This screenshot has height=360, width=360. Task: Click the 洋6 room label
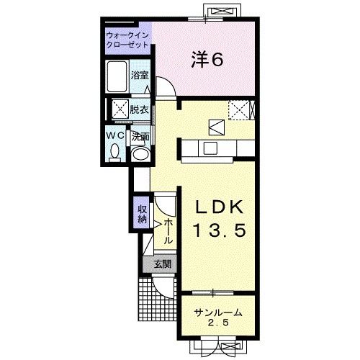[x=207, y=60]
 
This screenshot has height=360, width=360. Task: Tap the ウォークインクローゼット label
[x=127, y=40]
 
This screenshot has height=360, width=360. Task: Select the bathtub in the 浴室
[x=117, y=76]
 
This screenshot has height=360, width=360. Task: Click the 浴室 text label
[x=140, y=76]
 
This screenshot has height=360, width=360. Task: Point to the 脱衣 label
[x=140, y=110]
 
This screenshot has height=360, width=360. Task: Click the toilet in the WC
[x=115, y=153]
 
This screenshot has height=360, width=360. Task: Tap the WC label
[x=115, y=135]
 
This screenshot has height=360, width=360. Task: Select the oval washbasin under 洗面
[x=140, y=154]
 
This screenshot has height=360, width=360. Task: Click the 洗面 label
[x=140, y=137]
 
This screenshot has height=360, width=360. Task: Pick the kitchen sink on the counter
[x=210, y=148]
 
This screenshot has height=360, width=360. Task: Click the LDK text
[x=220, y=207]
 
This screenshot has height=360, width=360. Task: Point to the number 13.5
[x=220, y=230]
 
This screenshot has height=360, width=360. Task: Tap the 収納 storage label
[x=143, y=215]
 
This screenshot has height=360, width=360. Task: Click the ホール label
[x=168, y=231]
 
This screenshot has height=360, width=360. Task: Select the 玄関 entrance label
[x=163, y=264]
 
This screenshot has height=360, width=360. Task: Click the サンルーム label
[x=218, y=312]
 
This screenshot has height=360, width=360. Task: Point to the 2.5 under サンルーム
[x=218, y=323]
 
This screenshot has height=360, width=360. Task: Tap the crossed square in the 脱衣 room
[x=121, y=109]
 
